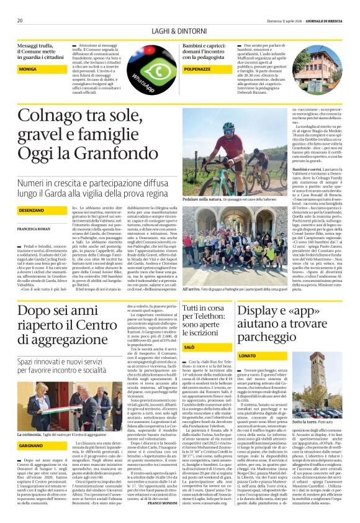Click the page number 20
[x=20, y=20]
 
